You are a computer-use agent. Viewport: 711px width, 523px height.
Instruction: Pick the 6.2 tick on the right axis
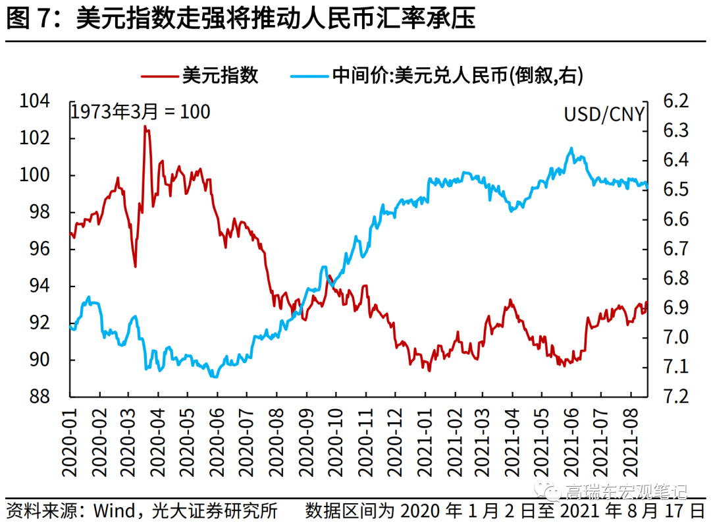(675, 101)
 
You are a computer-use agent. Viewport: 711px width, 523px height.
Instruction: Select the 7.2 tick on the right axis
(675, 397)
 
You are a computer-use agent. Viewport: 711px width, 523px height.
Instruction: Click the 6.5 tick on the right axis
(675, 190)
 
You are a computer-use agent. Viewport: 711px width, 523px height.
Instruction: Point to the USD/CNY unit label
(604, 113)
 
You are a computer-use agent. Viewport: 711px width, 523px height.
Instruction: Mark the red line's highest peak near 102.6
(145, 126)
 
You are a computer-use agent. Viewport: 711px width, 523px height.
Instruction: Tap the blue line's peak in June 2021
(571, 148)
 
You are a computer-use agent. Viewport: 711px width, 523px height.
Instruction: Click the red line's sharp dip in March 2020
(135, 266)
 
